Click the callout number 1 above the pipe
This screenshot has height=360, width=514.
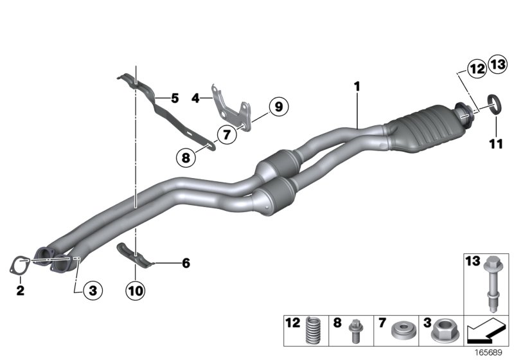click(x=357, y=85)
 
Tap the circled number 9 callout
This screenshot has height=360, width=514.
click(x=278, y=106)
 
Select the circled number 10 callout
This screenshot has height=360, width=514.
click(x=136, y=291)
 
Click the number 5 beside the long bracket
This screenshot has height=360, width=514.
click(x=174, y=98)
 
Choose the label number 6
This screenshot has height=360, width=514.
click(x=186, y=262)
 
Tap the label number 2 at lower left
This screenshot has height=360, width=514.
click(x=20, y=291)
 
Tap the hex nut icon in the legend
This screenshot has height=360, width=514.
click(x=443, y=330)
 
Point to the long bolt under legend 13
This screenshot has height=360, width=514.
click(x=492, y=283)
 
